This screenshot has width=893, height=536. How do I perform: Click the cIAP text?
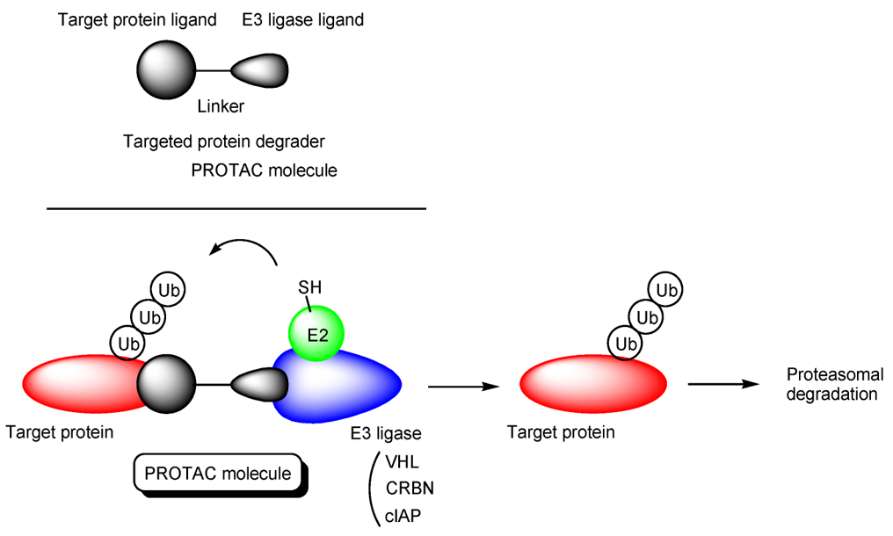coord(403,517)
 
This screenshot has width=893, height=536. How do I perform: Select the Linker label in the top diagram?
coord(221,107)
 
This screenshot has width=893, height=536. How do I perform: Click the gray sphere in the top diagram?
coord(165,70)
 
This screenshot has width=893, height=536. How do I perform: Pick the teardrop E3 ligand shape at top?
coord(259,70)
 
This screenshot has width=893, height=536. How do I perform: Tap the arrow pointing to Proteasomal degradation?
coord(722,385)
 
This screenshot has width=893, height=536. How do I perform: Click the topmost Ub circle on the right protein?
coord(667,289)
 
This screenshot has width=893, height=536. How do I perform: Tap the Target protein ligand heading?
coord(137,20)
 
